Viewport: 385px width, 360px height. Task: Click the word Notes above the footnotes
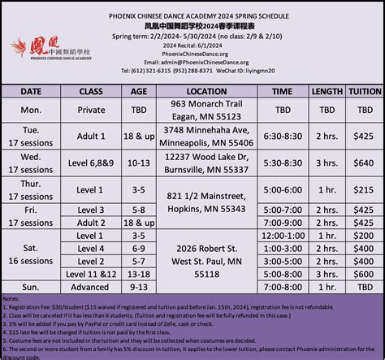pos(12,298)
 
